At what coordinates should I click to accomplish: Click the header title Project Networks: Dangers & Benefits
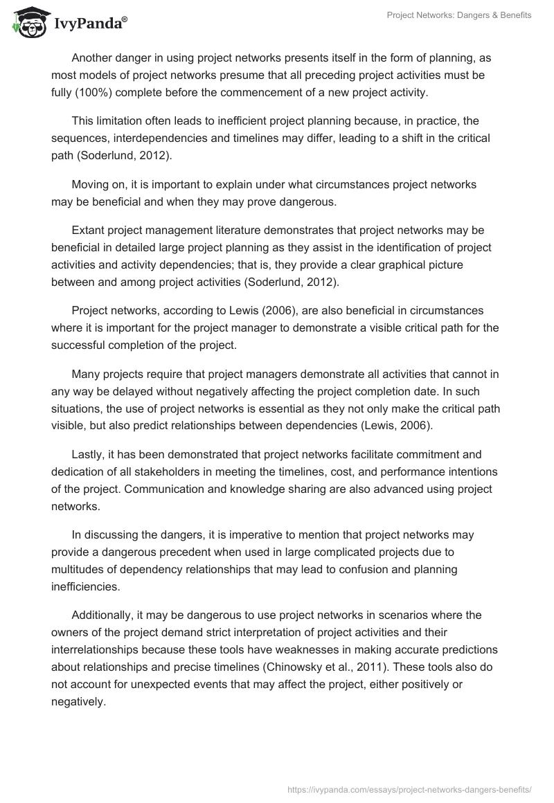pos(458,15)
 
